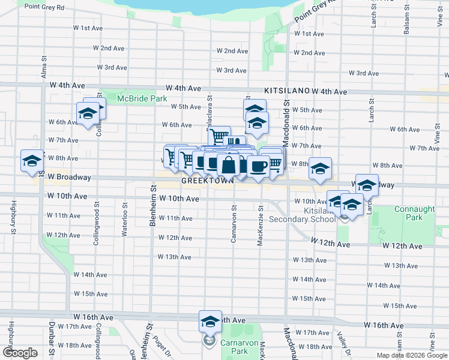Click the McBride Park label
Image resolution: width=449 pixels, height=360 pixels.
click(142, 98)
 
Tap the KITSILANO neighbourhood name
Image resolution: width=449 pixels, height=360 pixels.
click(286, 89)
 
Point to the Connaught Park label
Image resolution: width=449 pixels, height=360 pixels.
click(414, 213)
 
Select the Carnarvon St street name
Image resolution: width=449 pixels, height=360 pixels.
click(234, 226)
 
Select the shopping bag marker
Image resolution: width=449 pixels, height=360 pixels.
click(229, 164)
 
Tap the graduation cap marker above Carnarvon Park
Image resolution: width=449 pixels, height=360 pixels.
click(210, 322)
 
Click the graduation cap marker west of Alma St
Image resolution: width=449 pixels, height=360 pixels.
click(32, 160)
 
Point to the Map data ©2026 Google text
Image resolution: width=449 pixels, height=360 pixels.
click(411, 355)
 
